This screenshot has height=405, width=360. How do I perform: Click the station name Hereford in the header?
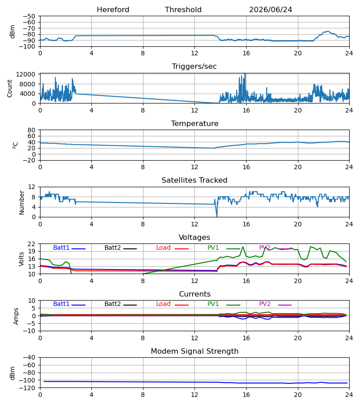click(113, 10)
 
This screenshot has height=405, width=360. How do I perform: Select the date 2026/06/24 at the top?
click(270, 10)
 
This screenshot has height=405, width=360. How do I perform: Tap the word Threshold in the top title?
click(183, 10)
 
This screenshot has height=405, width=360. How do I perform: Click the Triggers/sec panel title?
click(194, 67)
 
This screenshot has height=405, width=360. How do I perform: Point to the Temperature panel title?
click(194, 123)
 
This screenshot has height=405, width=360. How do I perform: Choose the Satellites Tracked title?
click(194, 180)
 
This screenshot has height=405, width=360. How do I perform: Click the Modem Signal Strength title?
click(194, 351)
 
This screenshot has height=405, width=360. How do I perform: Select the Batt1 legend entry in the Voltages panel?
click(69, 247)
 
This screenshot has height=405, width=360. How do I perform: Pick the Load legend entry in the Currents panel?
click(172, 304)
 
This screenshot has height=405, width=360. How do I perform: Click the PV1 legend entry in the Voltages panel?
click(224, 247)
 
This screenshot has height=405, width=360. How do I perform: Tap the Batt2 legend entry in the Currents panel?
click(121, 304)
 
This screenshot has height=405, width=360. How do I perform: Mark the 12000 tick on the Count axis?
click(26, 74)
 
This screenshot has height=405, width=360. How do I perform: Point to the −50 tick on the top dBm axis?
click(29, 16)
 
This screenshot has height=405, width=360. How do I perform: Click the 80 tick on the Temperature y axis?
click(31, 130)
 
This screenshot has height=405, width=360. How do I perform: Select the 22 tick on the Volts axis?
click(31, 244)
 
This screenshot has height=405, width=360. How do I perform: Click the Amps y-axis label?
click(16, 316)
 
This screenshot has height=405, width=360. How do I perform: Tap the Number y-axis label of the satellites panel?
click(22, 203)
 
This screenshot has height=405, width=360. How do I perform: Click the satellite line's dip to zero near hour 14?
click(216, 216)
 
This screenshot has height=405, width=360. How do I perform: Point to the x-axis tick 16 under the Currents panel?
click(246, 338)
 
